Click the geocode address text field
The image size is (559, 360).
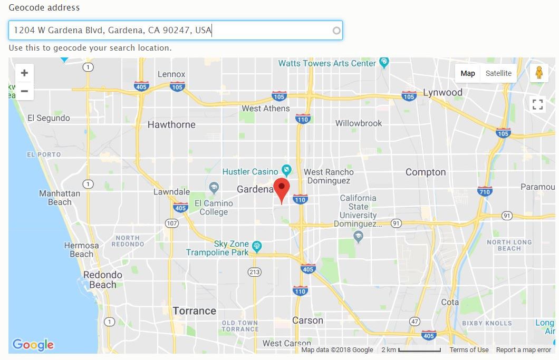[x=174, y=31]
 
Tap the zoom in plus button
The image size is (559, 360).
[x=24, y=73]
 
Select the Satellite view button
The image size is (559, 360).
[x=498, y=73]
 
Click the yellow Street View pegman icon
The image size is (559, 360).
[x=538, y=73]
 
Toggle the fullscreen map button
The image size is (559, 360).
[x=537, y=104]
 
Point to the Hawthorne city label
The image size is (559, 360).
[x=171, y=125]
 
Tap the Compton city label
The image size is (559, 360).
[x=425, y=172]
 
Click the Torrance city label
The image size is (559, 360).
[x=194, y=310]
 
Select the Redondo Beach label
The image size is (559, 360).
[x=102, y=279]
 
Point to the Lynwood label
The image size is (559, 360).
[x=442, y=93]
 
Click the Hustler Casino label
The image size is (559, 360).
[x=250, y=172]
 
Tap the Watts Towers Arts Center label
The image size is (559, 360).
[x=327, y=63]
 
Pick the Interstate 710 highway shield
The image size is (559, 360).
[x=485, y=191]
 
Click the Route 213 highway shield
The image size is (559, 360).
[x=255, y=272]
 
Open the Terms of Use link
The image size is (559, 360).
[x=469, y=350]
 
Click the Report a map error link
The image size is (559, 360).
[x=523, y=350]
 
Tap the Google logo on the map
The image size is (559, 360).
[x=33, y=345]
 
